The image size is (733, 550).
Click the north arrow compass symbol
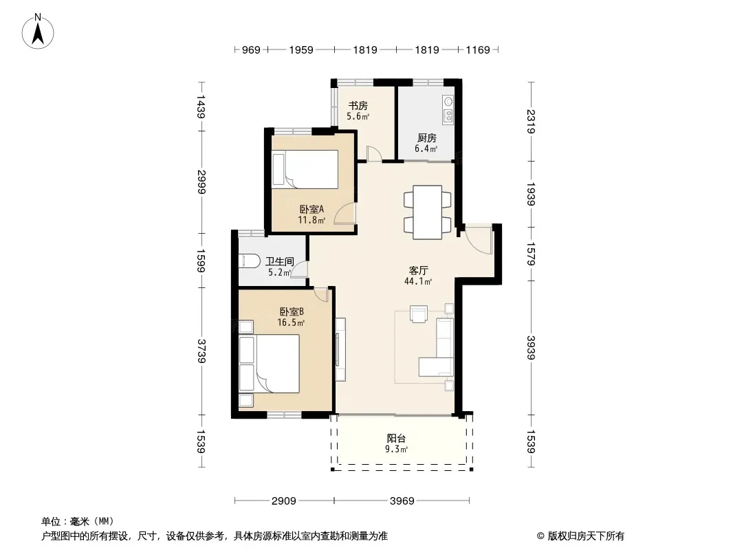pyautogui.click(x=38, y=32)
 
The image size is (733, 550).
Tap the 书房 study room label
pyautogui.click(x=358, y=106)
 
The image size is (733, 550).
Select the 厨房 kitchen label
pyautogui.click(x=426, y=138)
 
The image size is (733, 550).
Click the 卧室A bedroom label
pyautogui.click(x=311, y=210)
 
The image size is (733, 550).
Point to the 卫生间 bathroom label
pyautogui.click(x=280, y=262)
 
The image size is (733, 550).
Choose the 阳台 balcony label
pyautogui.click(x=396, y=439)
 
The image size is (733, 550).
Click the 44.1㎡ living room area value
pyautogui.click(x=418, y=281)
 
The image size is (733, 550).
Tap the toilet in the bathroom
pyautogui.click(x=249, y=261)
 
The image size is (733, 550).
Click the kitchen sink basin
pyautogui.click(x=448, y=101)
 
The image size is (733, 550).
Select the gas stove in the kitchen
pyautogui.click(x=448, y=115)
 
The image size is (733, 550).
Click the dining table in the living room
pyautogui.click(x=427, y=212)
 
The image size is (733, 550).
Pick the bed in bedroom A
pyautogui.click(x=305, y=169)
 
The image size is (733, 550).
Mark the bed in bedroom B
pyautogui.click(x=269, y=364)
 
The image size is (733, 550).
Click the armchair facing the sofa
pyautogui.click(x=418, y=313)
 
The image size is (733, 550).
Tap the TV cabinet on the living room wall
pyautogui.click(x=340, y=349)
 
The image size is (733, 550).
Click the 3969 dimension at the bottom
pyautogui.click(x=402, y=501)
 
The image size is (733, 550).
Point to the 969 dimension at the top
pyautogui.click(x=251, y=50)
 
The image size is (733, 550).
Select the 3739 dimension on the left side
pyautogui.click(x=201, y=351)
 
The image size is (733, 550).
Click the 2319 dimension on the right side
pyautogui.click(x=531, y=122)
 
